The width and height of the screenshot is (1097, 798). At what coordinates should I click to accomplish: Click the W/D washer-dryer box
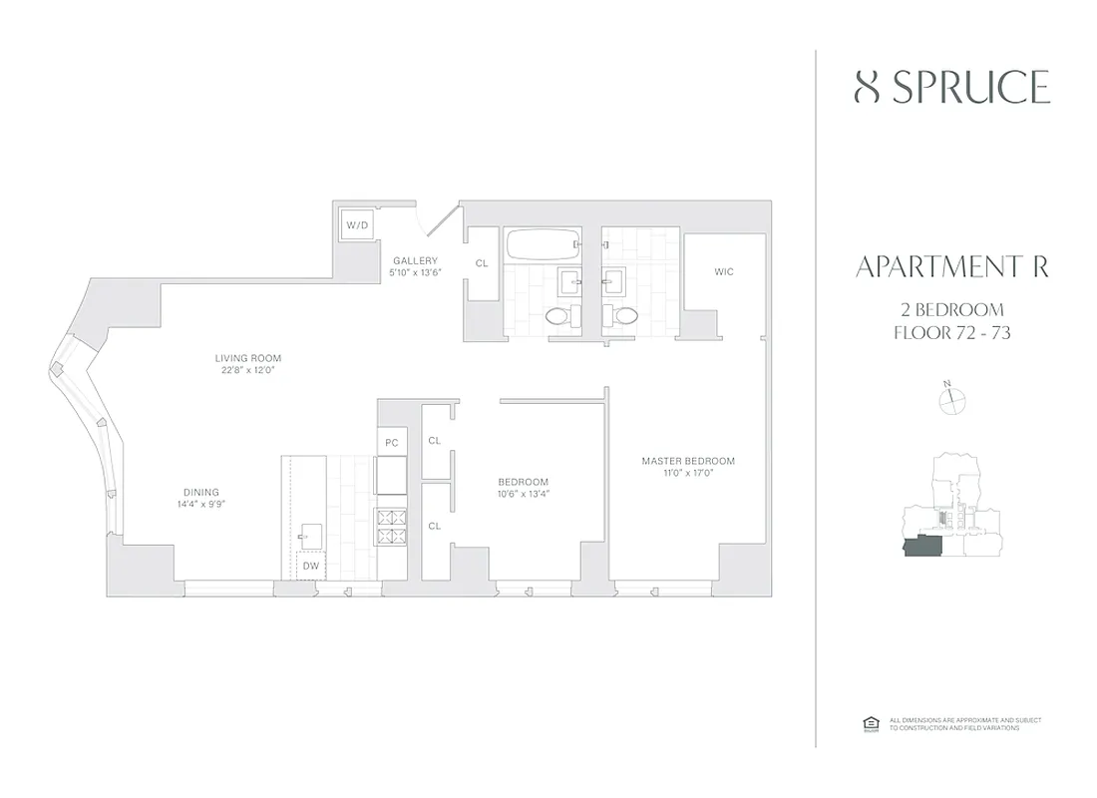(357, 225)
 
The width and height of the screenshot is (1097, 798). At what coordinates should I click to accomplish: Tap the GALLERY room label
(415, 260)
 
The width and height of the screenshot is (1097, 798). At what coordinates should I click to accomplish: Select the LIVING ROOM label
(248, 358)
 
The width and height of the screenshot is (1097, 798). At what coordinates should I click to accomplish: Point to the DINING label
(200, 492)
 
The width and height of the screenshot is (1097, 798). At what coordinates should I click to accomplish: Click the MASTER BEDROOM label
(688, 461)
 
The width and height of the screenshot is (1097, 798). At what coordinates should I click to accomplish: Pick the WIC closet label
(724, 271)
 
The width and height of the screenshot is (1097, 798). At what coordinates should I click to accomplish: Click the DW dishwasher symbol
(311, 566)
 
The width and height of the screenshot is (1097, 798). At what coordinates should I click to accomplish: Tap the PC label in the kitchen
(391, 442)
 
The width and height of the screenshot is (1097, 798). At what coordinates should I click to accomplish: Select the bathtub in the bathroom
(544, 243)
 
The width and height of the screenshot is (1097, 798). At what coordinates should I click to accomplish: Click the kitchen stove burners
(390, 526)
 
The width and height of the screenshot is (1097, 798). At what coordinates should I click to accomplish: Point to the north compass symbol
(953, 399)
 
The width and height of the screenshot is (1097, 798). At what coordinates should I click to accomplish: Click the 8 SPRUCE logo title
(952, 88)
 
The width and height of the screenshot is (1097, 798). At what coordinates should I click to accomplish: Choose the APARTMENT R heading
(951, 267)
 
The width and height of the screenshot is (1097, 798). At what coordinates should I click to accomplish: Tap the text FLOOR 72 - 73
(952, 332)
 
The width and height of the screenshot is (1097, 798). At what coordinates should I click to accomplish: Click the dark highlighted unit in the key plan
(923, 547)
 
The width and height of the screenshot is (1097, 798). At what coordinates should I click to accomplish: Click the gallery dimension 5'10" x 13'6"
(415, 271)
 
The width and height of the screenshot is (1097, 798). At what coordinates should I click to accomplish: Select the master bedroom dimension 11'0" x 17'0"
(688, 472)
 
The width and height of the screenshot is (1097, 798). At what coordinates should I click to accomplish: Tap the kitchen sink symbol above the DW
(310, 535)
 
